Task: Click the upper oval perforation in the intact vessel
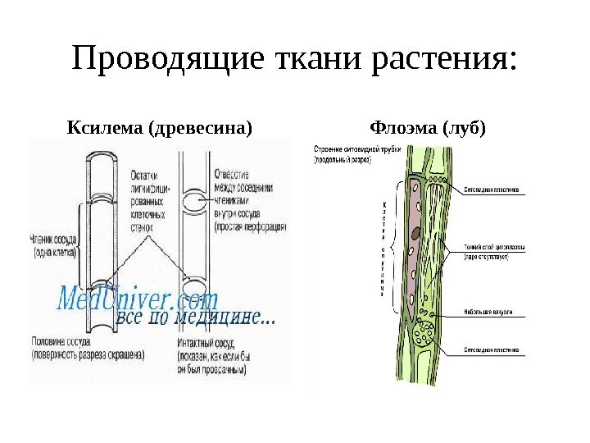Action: coord(194,202)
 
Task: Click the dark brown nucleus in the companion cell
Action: coord(415,233)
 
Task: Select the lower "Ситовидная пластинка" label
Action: coord(492,349)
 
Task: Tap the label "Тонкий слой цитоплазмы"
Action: coord(494,251)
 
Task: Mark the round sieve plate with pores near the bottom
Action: coord(425,335)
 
